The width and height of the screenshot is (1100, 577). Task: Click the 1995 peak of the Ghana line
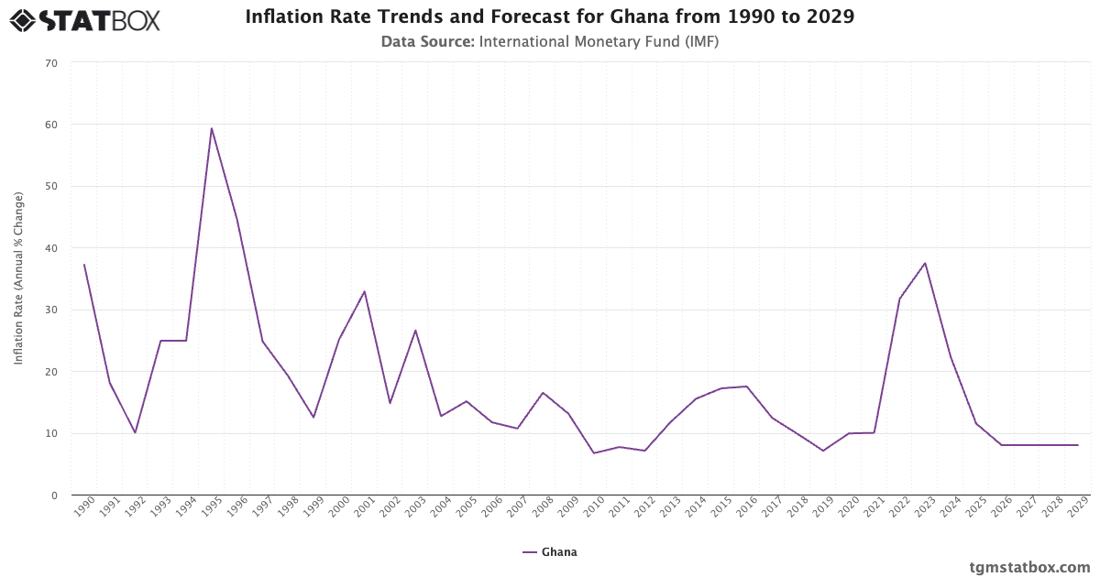[x=211, y=128]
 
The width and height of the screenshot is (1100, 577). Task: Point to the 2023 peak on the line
[x=925, y=263]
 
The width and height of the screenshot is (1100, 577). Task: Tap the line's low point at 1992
[x=135, y=432]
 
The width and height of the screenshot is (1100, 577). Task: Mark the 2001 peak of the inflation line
[x=364, y=291]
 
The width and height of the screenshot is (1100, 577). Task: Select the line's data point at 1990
[x=83, y=265]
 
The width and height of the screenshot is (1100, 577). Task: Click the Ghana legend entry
[x=550, y=552]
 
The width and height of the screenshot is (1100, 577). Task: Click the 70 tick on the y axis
[x=50, y=63]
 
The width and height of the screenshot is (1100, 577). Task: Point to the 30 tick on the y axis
[x=50, y=310]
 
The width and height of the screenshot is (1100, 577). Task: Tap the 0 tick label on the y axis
[x=53, y=495]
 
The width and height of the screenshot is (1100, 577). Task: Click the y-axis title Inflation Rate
[x=18, y=278]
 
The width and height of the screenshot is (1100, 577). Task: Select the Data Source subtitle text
[x=550, y=41]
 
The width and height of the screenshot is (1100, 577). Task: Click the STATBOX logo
[x=84, y=19]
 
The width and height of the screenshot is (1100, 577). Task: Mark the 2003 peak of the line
[x=415, y=330]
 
